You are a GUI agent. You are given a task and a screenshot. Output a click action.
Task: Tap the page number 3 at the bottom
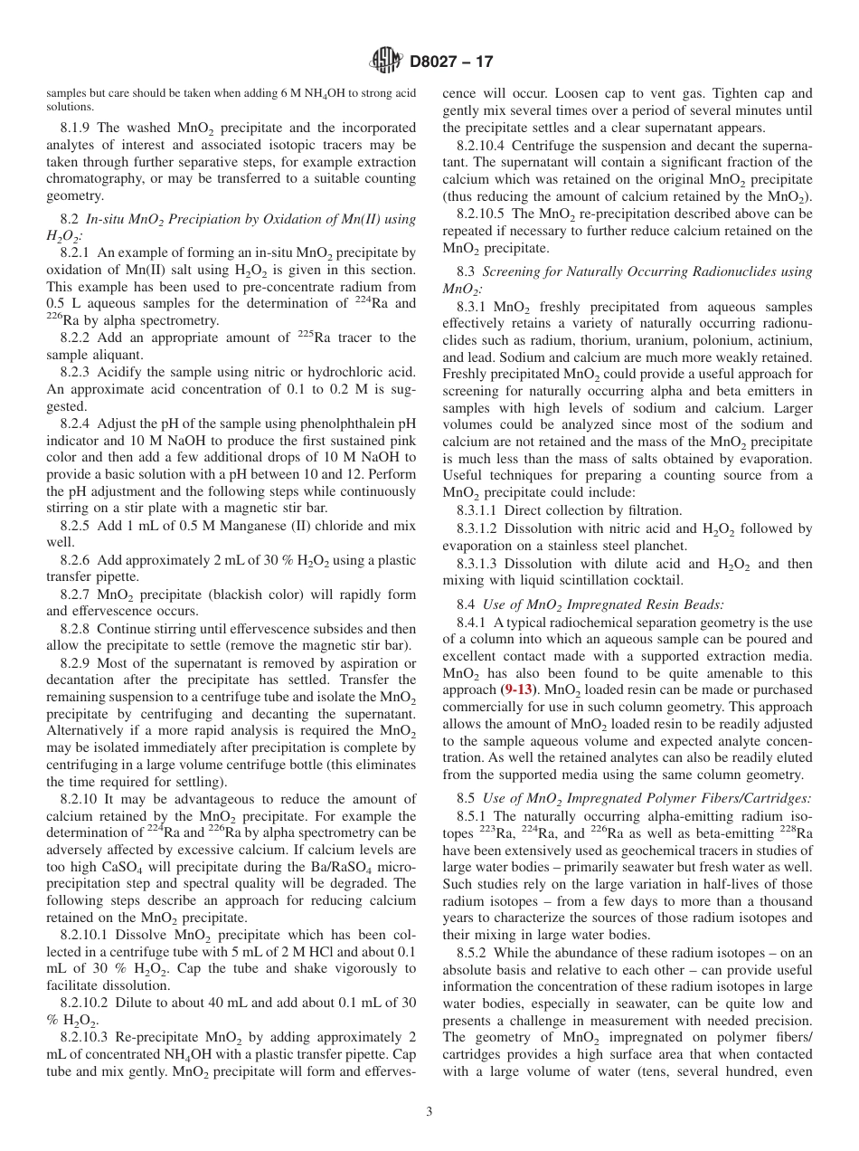point(429,1111)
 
